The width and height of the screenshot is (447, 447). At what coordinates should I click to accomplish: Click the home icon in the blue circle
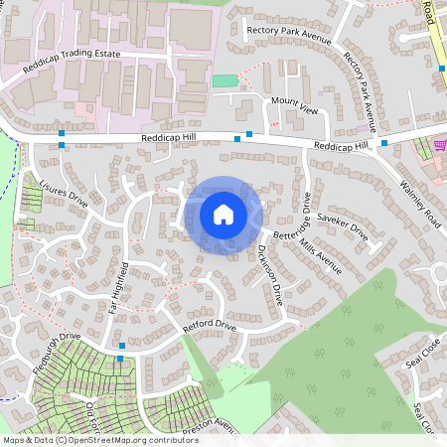pyautogui.click(x=223, y=214)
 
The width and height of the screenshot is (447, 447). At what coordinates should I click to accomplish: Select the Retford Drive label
pyautogui.click(x=210, y=326)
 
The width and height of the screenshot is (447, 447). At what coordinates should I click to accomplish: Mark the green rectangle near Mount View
pyautogui.click(x=225, y=79)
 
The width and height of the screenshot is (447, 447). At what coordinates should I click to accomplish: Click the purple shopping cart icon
pyautogui.click(x=439, y=143)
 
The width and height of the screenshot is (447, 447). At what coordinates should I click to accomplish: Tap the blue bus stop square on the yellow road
pyautogui.click(x=441, y=68)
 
